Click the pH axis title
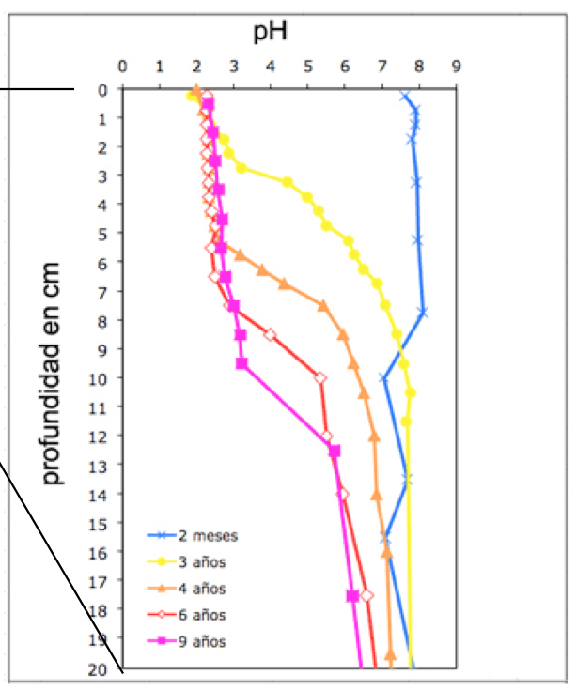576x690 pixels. coord(270,34)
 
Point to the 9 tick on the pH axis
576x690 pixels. coord(457,68)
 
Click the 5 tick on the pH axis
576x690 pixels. coord(308,68)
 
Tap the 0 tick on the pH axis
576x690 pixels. coord(122,68)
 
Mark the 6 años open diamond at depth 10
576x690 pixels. coord(320,378)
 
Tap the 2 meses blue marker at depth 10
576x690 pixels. coord(383,378)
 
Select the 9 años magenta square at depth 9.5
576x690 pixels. coord(241,363)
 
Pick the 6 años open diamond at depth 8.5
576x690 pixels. coord(271,335)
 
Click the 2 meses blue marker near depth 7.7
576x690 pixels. coord(423,313)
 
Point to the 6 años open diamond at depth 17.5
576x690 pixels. coord(367,595)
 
